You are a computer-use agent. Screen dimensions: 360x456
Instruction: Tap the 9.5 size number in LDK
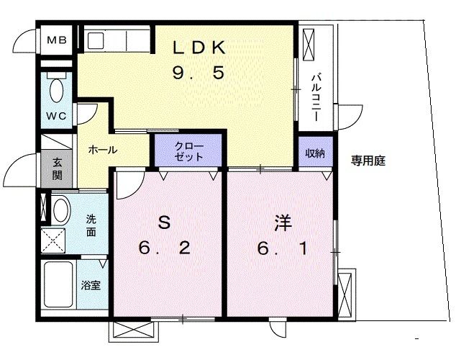point(200,72)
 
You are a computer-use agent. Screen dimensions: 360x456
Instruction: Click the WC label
point(57,116)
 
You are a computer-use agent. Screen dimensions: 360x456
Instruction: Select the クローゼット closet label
point(189,151)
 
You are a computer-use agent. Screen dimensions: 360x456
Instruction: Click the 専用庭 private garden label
point(368,161)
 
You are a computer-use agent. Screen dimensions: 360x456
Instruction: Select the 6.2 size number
point(164,249)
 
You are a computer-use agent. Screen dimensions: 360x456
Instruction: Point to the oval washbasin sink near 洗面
point(60,210)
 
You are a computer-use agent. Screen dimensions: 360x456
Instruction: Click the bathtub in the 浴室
point(59,286)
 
